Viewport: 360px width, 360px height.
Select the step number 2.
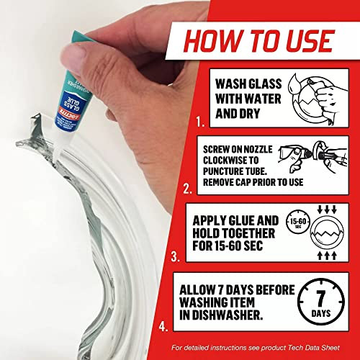pos(188,191)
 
